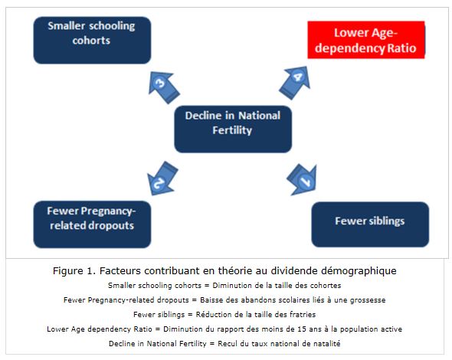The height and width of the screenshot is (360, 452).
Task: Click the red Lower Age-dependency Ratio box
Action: (366, 40)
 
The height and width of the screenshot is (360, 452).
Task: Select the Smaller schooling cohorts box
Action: (92, 40)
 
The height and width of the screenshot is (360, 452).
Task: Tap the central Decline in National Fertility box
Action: (233, 129)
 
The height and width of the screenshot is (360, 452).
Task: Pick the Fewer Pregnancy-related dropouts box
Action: (92, 224)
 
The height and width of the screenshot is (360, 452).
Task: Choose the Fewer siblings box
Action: (370, 224)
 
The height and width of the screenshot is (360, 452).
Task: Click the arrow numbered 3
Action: (163, 87)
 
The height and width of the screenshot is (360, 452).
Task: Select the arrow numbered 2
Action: (162, 178)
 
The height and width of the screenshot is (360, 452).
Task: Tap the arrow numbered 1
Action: (303, 179)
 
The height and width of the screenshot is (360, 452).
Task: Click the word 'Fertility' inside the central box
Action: (232, 130)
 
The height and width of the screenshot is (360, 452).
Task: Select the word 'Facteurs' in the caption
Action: (120, 271)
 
